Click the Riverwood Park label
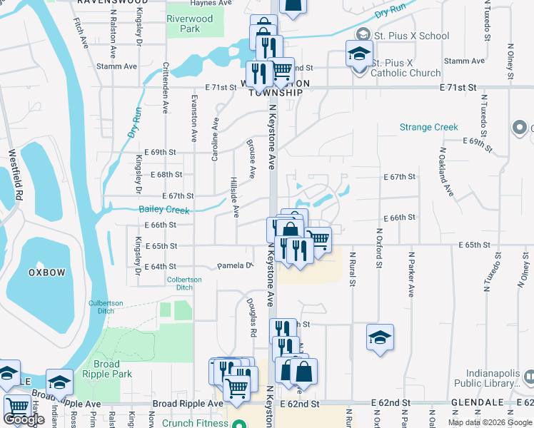coord(189,24)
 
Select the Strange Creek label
coord(428,127)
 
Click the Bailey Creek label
coord(164,210)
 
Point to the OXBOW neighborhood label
coord(46,272)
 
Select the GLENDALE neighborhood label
coord(478,403)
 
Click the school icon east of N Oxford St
coord(380,337)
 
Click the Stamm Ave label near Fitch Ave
coord(120,66)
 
